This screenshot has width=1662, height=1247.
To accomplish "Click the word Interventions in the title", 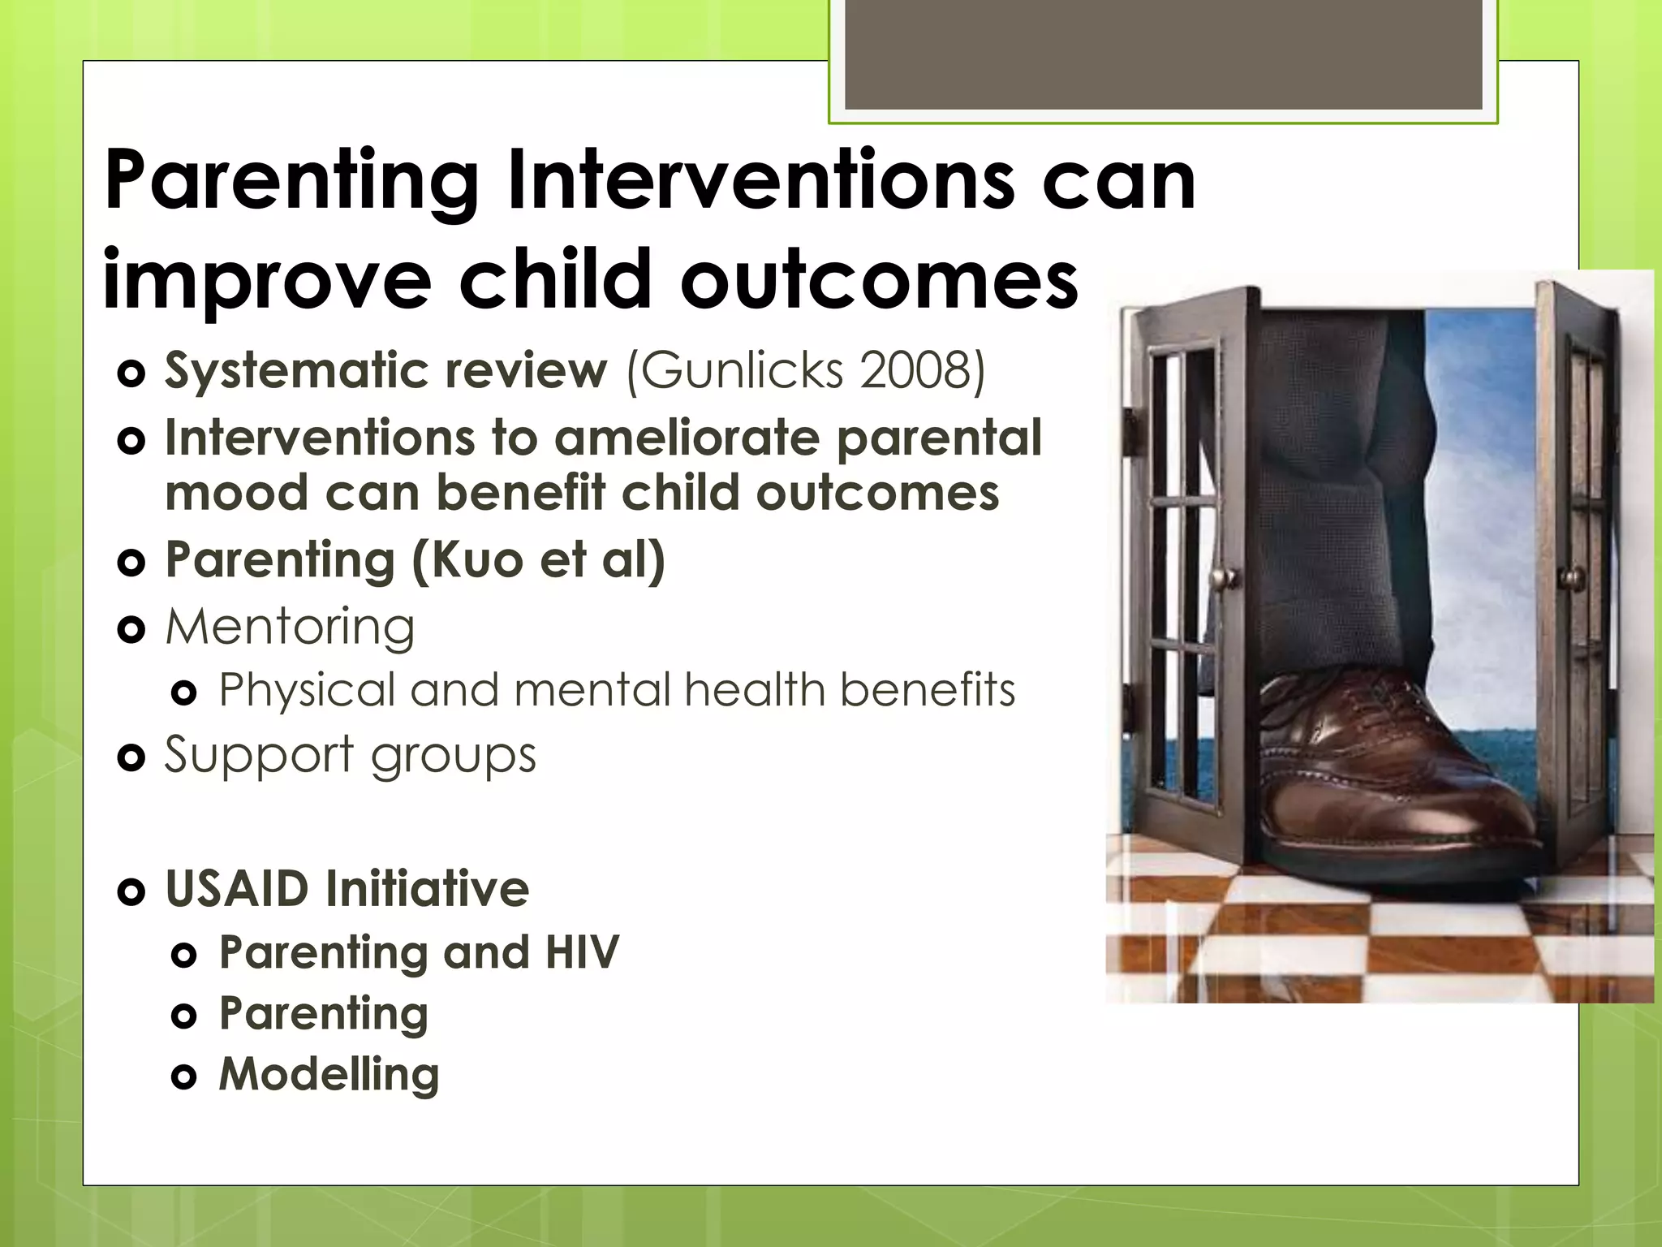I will point(761,180).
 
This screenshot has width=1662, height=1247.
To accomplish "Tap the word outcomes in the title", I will point(880,280).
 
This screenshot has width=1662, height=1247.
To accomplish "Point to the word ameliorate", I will point(687,438).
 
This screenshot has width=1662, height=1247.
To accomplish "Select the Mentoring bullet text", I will point(290,627).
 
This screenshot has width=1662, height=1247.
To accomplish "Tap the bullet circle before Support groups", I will point(131,758).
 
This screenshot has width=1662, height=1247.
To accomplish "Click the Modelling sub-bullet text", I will point(329,1075).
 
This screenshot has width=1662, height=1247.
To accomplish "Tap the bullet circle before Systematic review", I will point(131,373).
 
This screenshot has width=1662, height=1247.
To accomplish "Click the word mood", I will point(236,494).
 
